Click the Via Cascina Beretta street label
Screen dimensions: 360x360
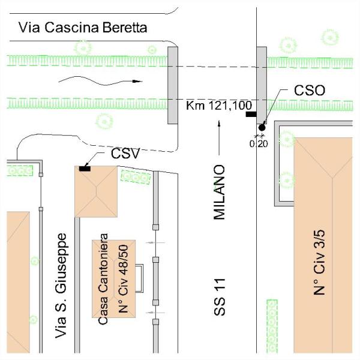tap(83, 28)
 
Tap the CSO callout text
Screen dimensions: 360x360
tap(310, 90)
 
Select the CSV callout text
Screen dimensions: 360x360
tap(125, 153)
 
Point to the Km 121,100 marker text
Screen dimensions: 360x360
tap(219, 106)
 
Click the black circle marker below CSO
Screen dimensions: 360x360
tap(262, 127)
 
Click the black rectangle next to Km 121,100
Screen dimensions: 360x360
tap(251, 114)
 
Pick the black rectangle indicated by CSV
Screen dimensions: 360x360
tap(85, 169)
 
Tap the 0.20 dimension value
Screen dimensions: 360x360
tap(259, 144)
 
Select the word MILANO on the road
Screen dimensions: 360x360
tap(219, 192)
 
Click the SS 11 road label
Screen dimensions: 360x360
tap(220, 297)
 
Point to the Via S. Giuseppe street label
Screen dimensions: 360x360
tap(61, 286)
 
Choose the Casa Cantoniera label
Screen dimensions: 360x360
tap(103, 279)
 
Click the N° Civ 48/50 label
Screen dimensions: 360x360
tap(123, 279)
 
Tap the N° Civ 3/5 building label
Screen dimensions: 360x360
tap(319, 262)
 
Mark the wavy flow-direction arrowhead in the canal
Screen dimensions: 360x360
tap(137, 81)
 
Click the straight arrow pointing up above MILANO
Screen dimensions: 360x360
tap(219, 138)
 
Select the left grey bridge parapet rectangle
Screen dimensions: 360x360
tap(173, 85)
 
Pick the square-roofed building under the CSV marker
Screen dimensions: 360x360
tap(96, 191)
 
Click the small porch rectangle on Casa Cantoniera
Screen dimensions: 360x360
tap(139, 278)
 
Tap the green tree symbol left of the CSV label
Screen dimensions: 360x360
tap(104, 121)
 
